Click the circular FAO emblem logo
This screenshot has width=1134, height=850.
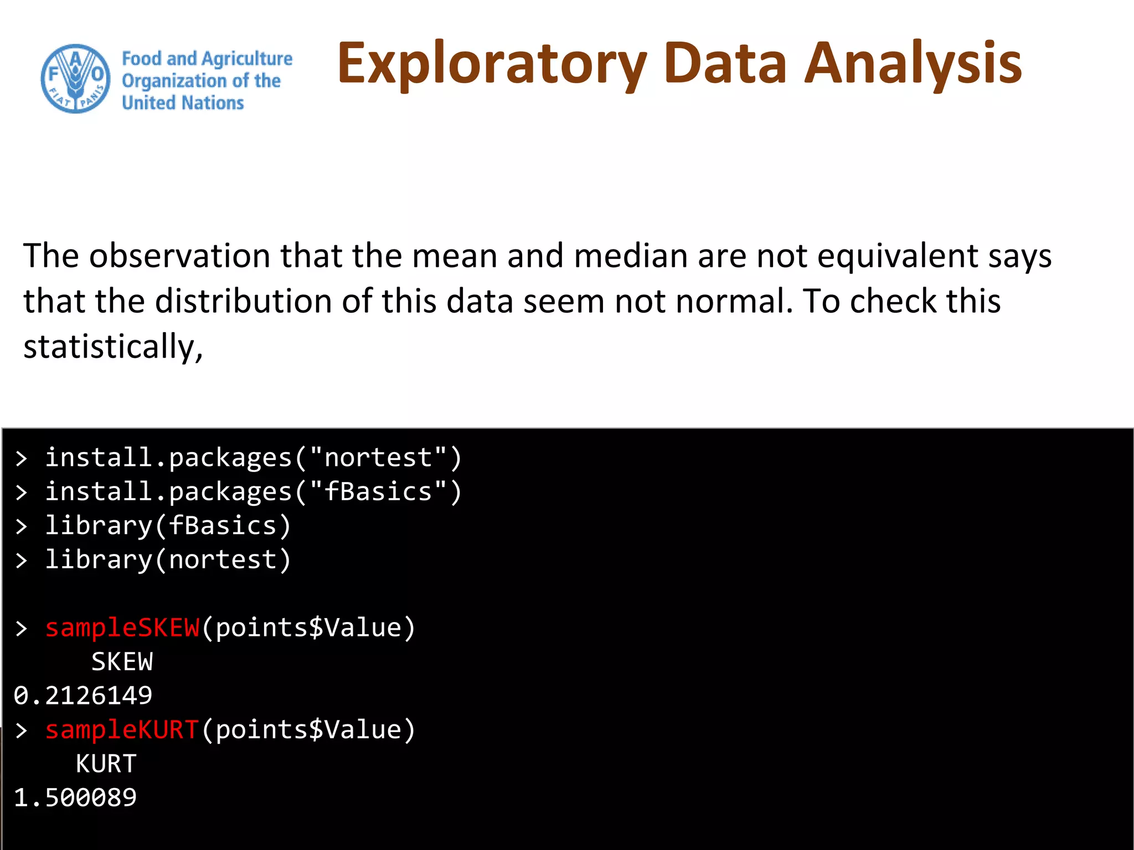[76, 79]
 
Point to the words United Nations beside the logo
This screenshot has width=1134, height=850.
[183, 103]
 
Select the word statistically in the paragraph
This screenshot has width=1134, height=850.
[113, 347]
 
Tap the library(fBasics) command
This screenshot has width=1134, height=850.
[167, 526]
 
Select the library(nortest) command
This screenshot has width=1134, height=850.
[167, 559]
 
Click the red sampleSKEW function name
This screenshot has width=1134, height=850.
[122, 628]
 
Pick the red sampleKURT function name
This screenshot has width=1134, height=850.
[122, 730]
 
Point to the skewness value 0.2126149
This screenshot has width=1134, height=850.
[83, 696]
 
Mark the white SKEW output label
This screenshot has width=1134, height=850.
[122, 662]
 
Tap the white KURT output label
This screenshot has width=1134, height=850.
[106, 764]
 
